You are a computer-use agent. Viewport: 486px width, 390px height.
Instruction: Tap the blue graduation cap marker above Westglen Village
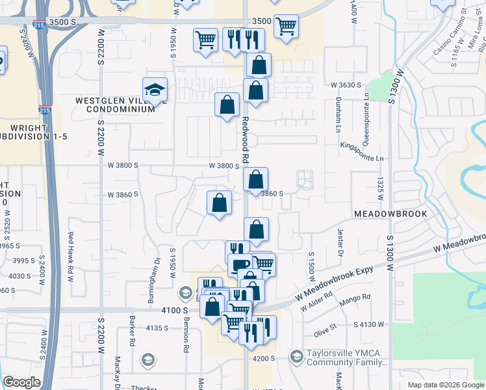(x=155, y=90)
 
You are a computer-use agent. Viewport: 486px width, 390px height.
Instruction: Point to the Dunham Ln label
(x=339, y=110)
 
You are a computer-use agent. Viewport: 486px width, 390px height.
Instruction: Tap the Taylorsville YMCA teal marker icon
(x=296, y=356)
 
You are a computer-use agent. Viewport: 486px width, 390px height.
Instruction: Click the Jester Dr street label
(x=339, y=242)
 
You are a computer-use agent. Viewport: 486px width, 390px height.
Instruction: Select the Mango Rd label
(x=357, y=297)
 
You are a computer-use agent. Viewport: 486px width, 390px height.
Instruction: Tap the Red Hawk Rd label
(x=71, y=247)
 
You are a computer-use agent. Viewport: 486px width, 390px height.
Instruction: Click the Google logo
(x=22, y=383)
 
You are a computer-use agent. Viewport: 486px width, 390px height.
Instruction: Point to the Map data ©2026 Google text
(x=445, y=385)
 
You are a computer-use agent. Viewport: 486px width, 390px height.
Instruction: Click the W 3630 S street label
(x=346, y=85)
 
